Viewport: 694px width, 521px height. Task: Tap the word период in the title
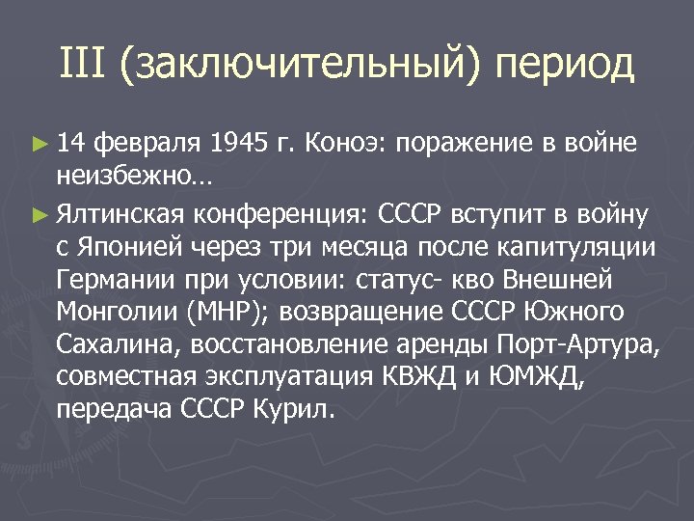click(565, 66)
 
